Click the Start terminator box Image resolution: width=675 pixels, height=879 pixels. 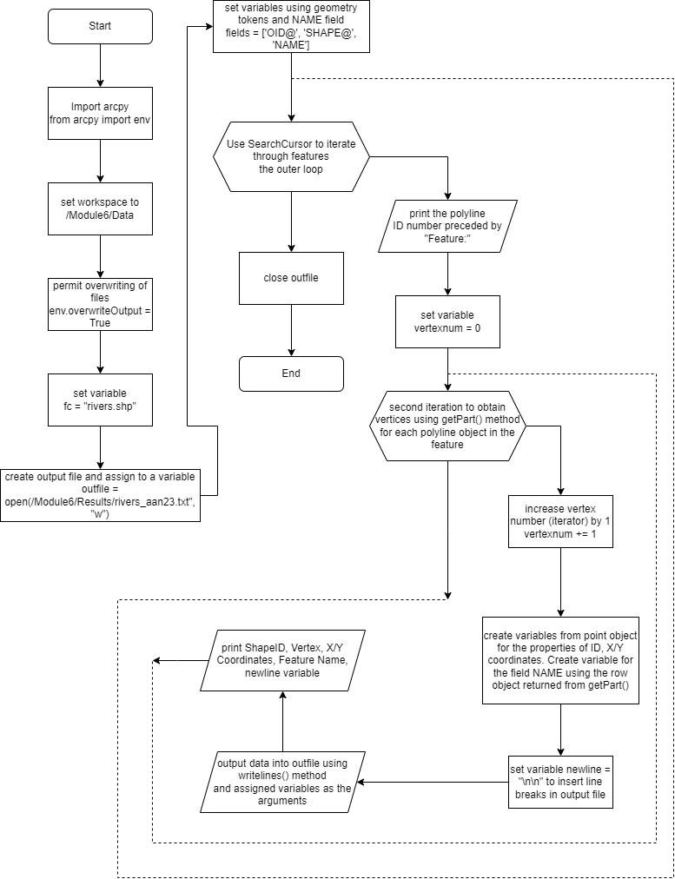(x=100, y=26)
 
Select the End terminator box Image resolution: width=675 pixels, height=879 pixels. (x=291, y=373)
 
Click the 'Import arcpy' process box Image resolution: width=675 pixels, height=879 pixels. (x=100, y=113)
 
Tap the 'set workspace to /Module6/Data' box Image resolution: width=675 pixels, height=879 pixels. (x=100, y=209)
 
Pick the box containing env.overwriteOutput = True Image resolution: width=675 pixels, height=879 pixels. (x=100, y=304)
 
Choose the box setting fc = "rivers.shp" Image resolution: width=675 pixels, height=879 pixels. (x=100, y=400)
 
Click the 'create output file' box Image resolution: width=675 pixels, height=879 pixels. (x=100, y=496)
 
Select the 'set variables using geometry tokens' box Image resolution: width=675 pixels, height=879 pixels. (x=291, y=27)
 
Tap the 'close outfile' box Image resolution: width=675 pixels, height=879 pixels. (x=291, y=278)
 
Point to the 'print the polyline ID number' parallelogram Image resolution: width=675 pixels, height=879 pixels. (x=447, y=225)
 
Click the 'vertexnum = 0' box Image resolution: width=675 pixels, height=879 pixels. (x=447, y=321)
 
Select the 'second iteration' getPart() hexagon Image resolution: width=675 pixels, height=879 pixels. (x=447, y=426)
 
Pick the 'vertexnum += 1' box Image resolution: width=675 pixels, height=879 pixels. (x=560, y=521)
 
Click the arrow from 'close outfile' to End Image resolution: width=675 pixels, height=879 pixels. (x=291, y=330)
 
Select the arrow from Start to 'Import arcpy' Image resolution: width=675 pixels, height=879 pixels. (x=100, y=65)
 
